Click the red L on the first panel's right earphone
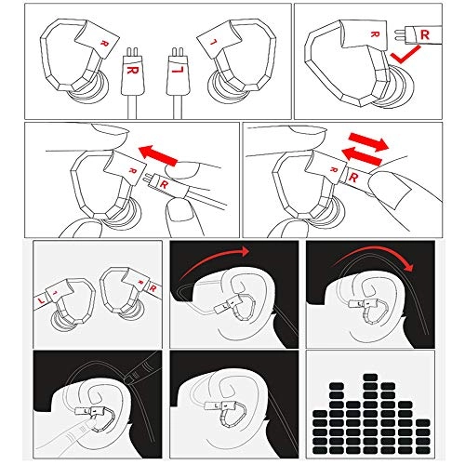213,44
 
